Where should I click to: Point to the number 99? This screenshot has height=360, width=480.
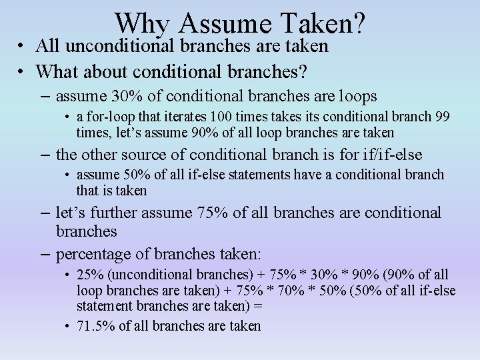click(x=442, y=117)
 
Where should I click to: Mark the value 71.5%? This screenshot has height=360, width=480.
click(x=96, y=325)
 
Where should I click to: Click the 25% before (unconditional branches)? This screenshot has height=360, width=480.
click(x=88, y=275)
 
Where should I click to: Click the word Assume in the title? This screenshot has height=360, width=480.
click(x=222, y=24)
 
